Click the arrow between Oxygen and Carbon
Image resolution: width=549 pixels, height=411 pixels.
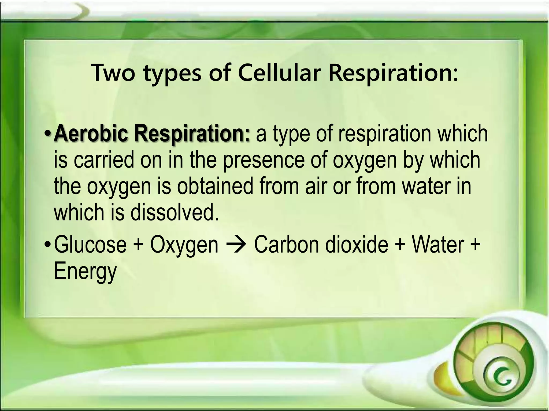(236, 245)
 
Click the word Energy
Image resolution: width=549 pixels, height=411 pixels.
(86, 271)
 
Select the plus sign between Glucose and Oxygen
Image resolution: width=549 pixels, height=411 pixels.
(138, 245)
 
